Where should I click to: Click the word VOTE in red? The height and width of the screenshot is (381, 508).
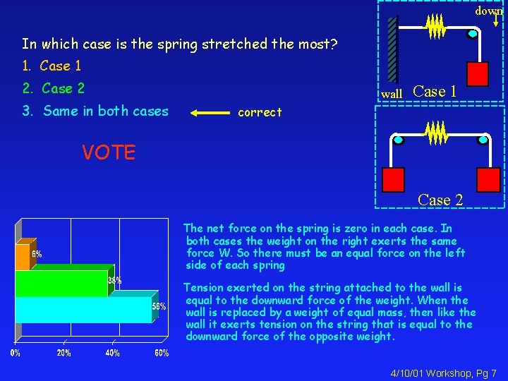[x=108, y=152]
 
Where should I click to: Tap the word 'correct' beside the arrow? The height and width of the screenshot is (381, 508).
[x=260, y=112]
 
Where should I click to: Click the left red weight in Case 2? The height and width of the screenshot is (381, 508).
[x=392, y=180]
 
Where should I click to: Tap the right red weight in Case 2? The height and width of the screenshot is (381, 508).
[x=488, y=180]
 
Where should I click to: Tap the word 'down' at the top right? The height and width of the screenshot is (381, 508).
[x=488, y=11]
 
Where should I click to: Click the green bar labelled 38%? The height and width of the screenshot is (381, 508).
[x=64, y=283]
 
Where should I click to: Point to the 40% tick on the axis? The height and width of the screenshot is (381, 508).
[x=112, y=353]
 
